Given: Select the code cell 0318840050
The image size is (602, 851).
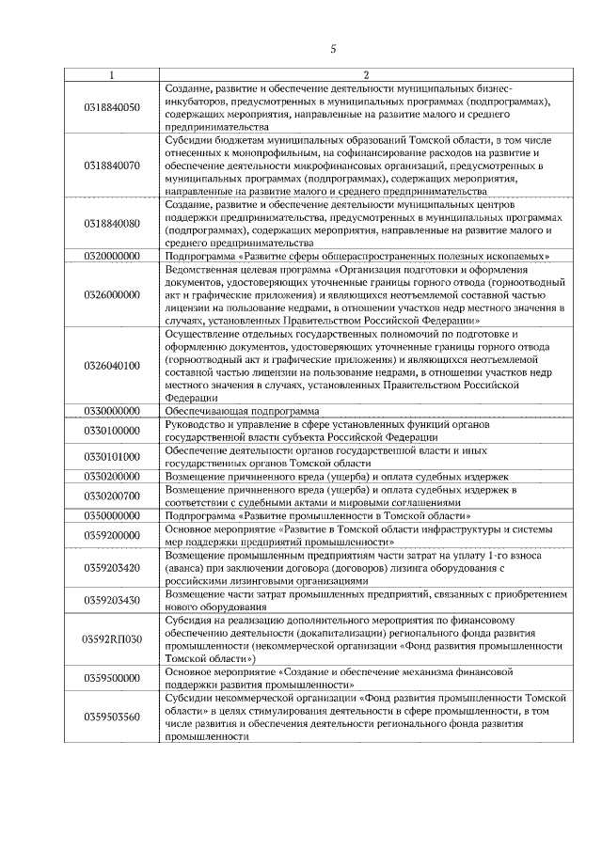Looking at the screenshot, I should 112,106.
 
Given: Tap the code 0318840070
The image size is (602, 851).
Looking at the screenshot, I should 112,165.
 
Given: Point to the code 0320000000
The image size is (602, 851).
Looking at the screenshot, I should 112,256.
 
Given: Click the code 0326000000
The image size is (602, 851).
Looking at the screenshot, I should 112,294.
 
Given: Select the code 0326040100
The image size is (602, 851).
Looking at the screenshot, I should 112,365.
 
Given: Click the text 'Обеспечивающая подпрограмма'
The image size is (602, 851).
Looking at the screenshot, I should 242,411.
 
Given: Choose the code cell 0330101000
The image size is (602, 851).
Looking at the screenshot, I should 112,456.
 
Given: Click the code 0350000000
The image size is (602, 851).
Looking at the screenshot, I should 112,515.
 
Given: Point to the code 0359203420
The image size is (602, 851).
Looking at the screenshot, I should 112,567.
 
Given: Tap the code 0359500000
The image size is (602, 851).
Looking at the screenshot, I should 112,678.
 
